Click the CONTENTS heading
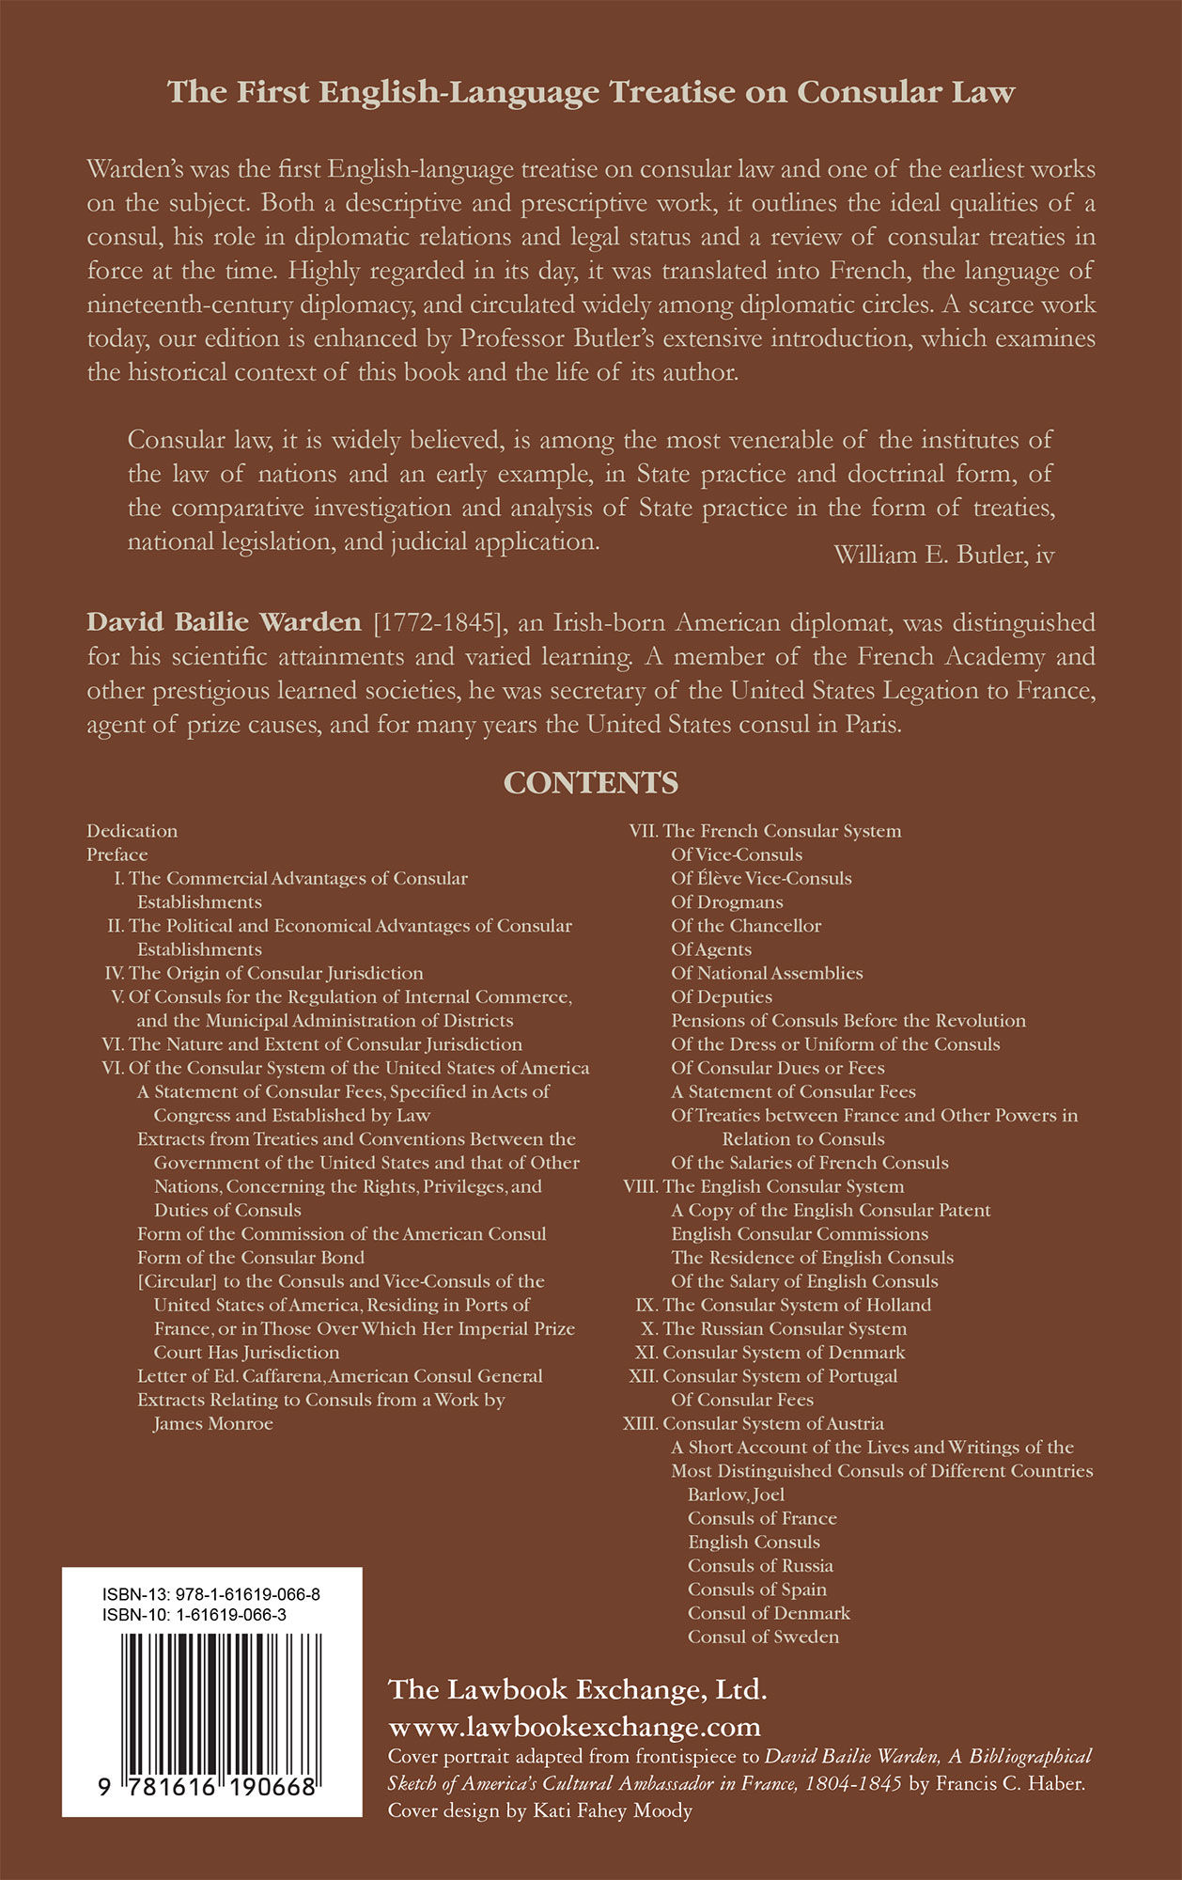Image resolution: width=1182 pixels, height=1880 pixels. coord(591,783)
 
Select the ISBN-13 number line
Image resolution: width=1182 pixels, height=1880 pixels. coord(211,1594)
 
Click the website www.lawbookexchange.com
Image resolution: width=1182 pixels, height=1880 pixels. coord(574,1727)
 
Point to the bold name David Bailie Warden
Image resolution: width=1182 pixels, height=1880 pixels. coord(224,622)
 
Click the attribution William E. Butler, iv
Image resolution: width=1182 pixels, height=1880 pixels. coord(943,555)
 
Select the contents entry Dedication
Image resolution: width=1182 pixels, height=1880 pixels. coord(132,831)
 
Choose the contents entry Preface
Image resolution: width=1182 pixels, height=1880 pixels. coord(117,854)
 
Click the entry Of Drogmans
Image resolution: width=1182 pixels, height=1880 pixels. coord(726,902)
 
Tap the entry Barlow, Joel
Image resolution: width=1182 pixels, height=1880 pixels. coord(736,1495)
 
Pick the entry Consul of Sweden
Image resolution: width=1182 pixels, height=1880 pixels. coord(763,1637)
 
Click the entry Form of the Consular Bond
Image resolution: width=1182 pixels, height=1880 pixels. coord(251,1258)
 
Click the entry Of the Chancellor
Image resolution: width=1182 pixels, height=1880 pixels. coord(746,926)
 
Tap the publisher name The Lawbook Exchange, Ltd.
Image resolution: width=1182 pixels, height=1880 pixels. coord(577,1690)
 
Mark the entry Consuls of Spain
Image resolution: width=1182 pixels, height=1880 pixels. coord(757,1590)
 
